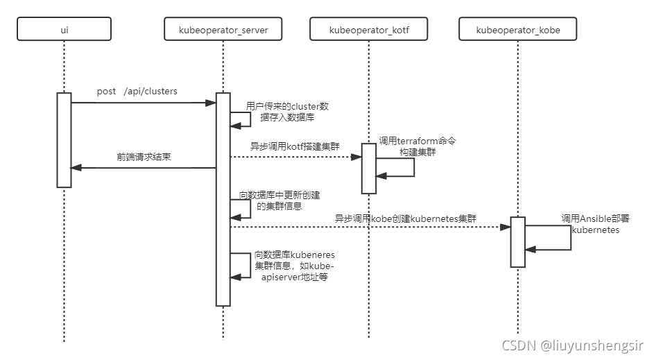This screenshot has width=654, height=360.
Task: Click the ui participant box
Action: (64, 30)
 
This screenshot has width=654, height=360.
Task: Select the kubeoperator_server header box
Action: (223, 30)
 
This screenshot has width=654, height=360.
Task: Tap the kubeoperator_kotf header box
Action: (368, 30)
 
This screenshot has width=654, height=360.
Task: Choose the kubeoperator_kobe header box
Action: (517, 30)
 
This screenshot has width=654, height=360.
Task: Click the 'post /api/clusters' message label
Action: (137, 92)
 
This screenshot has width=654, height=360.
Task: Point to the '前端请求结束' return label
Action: (144, 157)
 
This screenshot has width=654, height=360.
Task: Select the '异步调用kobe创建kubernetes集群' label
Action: (406, 218)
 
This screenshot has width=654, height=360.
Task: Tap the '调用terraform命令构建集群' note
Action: (417, 146)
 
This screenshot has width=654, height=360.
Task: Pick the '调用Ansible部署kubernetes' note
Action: (595, 224)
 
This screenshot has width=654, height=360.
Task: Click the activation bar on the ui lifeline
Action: (64, 139)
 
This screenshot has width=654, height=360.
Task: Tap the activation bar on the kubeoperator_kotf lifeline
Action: (368, 168)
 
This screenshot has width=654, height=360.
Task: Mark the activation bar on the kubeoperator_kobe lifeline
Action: (517, 241)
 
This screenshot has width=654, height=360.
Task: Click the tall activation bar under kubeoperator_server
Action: (223, 198)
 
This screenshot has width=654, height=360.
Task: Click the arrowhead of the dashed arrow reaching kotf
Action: (357, 157)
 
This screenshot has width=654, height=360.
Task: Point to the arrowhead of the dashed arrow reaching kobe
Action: (506, 227)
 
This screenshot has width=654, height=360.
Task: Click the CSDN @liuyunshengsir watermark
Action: (573, 345)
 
